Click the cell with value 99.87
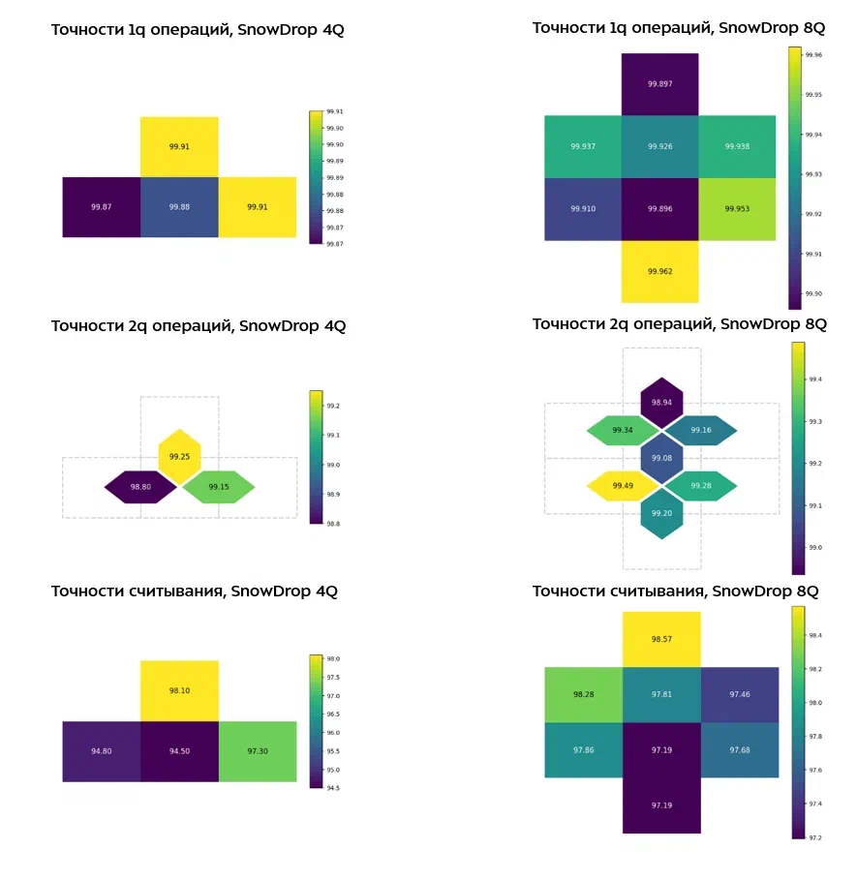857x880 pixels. coord(101,207)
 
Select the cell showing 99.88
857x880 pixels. coord(179,207)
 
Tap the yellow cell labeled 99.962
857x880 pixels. coord(659,271)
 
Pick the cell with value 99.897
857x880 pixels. coord(659,84)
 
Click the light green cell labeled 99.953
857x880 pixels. coord(737,208)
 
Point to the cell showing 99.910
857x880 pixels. coord(583,208)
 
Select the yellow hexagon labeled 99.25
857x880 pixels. coord(179,456)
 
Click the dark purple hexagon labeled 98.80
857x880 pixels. coord(140,487)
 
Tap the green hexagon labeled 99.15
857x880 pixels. coord(219,487)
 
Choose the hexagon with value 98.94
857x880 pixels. coord(661,402)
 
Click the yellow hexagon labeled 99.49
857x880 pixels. coord(623,486)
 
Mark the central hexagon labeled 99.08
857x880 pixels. coord(661,458)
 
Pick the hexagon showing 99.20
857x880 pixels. coord(661,513)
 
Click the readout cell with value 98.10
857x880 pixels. coord(179,691)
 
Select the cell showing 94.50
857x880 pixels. coord(179,750)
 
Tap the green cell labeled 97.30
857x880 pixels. coord(258,750)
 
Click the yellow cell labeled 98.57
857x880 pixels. coord(660,639)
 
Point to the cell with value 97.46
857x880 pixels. coord(740,694)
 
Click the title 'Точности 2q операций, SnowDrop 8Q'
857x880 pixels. coord(679,323)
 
